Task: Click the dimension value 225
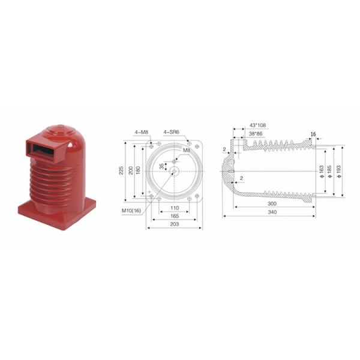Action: tap(122, 170)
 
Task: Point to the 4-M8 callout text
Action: tap(142, 131)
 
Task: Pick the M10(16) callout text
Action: tap(131, 210)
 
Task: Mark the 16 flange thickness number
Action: tap(313, 133)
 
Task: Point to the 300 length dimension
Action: tap(274, 203)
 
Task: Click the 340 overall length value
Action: tap(274, 212)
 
